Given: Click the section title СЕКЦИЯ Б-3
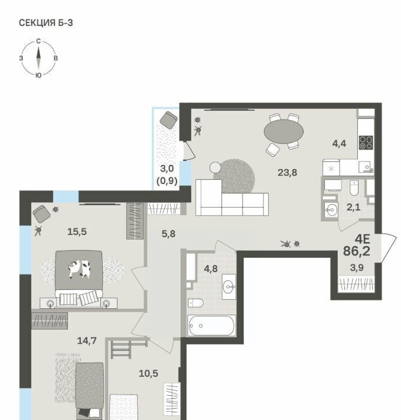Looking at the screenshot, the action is (45, 22).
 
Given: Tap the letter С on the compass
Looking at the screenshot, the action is (38, 41).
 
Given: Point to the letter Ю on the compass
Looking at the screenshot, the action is (38, 75).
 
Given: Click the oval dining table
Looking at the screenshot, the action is (283, 131).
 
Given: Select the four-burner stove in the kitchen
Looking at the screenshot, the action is (366, 143).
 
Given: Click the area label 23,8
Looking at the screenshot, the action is (287, 173).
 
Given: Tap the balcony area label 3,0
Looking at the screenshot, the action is (167, 169).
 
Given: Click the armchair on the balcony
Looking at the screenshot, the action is (168, 120).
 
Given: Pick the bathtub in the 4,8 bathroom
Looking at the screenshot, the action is (211, 325).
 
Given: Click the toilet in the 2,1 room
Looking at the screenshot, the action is (354, 188).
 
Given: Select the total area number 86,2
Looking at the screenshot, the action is (356, 251).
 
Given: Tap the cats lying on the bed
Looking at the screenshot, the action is (79, 269).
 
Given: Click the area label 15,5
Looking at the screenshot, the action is (77, 231).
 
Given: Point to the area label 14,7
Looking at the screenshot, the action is (87, 341).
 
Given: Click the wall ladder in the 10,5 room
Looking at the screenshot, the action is (129, 349).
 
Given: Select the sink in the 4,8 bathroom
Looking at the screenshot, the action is (229, 287).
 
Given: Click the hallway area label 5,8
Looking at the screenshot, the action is (168, 234).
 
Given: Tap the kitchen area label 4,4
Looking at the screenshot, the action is (339, 144).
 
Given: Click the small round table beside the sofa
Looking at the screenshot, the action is (215, 167).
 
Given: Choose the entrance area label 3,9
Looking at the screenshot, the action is (357, 267).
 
